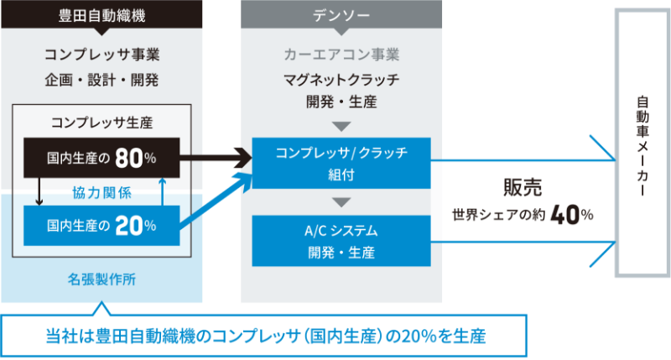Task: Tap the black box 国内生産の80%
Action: (101, 157)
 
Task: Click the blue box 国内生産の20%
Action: (101, 225)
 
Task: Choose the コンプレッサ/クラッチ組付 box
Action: (341, 163)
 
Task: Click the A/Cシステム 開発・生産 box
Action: (341, 241)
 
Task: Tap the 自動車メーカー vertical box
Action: (642, 143)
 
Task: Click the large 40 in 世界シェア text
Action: (566, 215)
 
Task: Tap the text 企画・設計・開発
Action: (101, 81)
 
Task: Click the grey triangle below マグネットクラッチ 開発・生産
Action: (341, 127)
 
